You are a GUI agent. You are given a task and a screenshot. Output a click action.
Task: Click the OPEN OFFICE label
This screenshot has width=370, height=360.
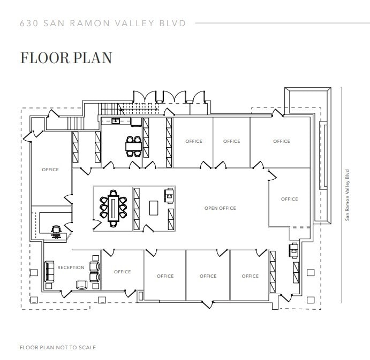coord(220,208)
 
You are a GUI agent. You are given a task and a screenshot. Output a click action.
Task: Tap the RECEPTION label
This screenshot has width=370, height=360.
coord(71,267)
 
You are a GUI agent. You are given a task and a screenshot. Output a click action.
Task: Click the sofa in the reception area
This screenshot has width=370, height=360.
coord(50,271)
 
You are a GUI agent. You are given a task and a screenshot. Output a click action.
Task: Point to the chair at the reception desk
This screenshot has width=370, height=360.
coord(56,231)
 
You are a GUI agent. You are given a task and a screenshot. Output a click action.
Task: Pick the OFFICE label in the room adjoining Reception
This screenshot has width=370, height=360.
coord(123,272)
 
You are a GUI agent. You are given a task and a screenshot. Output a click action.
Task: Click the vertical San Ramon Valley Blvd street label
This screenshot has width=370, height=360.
coord(348,195)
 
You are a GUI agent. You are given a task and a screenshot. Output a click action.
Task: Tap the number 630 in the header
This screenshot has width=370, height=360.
coord(27,24)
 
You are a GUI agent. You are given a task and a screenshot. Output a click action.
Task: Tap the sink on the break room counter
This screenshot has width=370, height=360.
coord(116,121)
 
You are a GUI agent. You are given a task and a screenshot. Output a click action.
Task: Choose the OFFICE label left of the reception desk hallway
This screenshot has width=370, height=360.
coord(50,170)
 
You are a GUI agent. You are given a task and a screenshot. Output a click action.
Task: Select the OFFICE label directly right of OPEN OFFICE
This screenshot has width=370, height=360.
coord(289,199)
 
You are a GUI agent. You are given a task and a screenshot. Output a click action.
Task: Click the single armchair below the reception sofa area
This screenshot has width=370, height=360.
coord(82,285)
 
